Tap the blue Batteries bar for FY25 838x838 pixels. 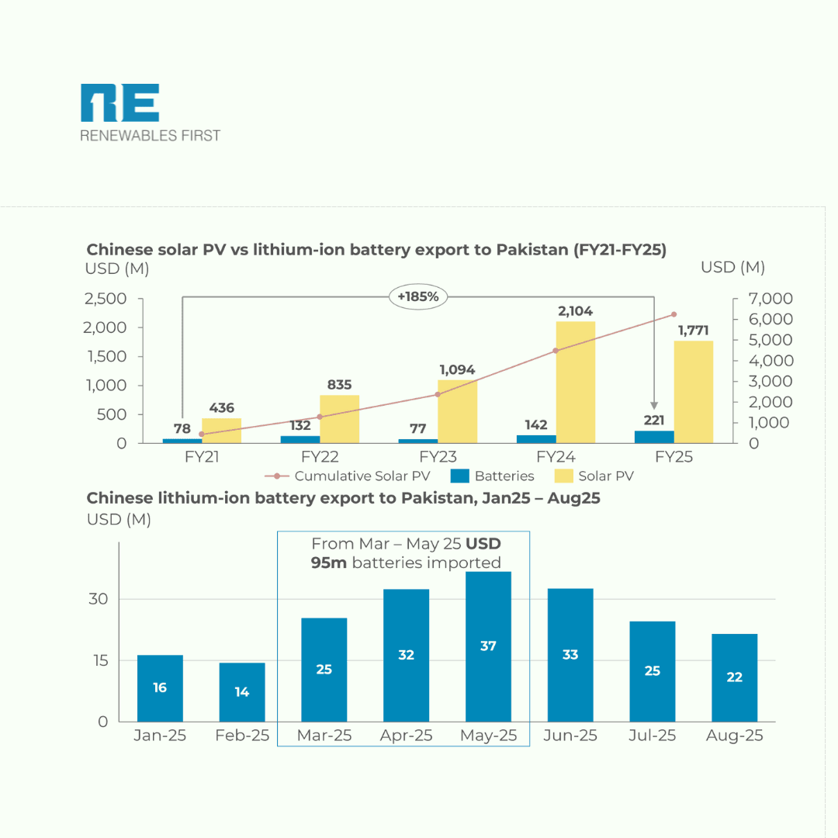tap(654, 437)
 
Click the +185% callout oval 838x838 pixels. tap(418, 296)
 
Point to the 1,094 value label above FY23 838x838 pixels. tap(458, 370)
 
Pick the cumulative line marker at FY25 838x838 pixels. tap(674, 314)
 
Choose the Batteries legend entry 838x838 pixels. tap(494, 476)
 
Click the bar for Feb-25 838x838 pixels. tap(242, 692)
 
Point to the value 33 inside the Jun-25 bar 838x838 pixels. tap(570, 655)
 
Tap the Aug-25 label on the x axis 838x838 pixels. tap(734, 736)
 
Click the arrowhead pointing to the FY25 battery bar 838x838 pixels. tap(654, 406)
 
